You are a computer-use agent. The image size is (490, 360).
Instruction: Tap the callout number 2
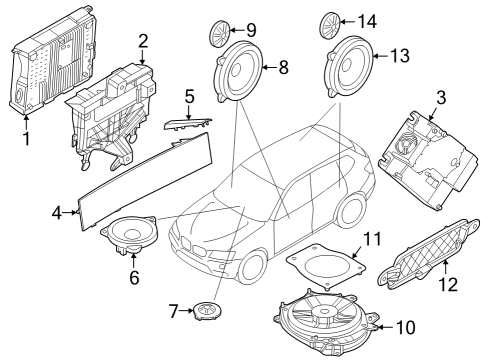click(x=143, y=41)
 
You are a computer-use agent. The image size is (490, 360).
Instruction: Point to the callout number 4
click(x=56, y=212)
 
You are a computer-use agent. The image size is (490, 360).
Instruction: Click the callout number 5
click(x=187, y=96)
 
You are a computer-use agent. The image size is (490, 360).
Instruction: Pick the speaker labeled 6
click(x=129, y=236)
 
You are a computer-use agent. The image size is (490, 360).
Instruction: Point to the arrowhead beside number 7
click(x=189, y=312)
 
